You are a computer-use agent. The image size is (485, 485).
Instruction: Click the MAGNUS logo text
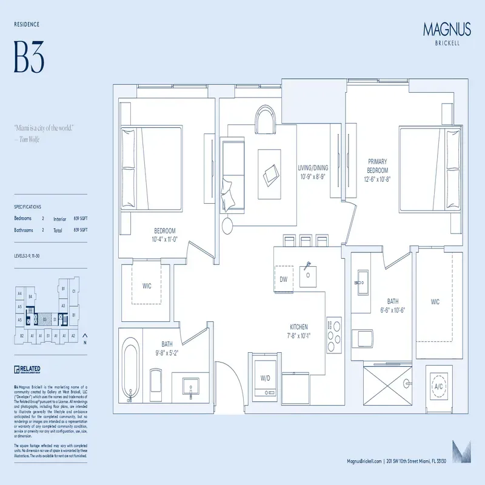coord(446,28)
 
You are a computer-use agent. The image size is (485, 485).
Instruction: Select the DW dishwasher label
coord(283,279)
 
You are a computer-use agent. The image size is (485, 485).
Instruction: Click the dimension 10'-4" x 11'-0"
coord(164,240)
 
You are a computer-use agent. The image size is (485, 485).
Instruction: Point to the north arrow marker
coord(84,337)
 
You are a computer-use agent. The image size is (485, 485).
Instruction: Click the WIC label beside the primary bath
coord(435,301)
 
